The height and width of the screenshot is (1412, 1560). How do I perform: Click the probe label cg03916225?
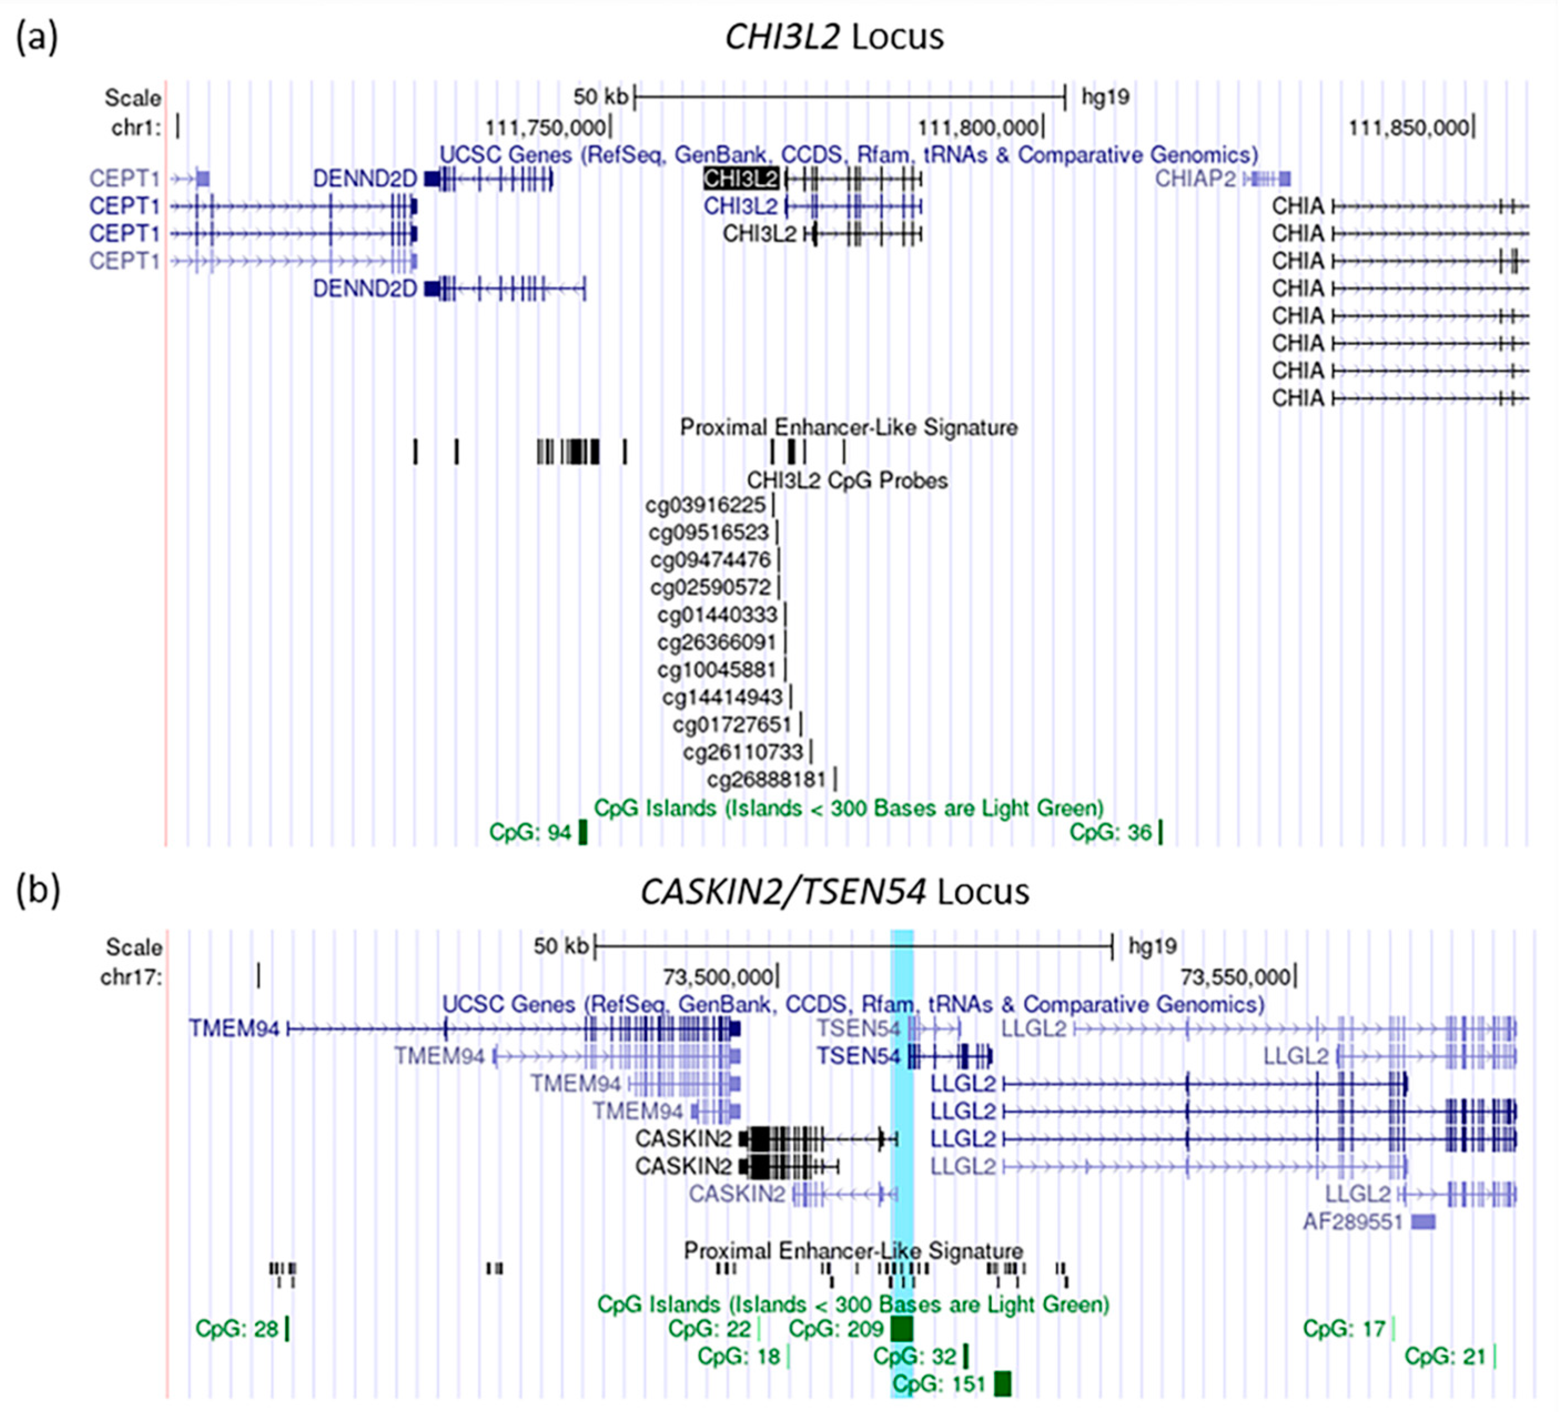pyautogui.click(x=705, y=505)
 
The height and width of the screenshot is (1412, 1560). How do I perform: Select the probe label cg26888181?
pyautogui.click(x=766, y=779)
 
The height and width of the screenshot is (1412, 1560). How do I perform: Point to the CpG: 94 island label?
pyautogui.click(x=530, y=832)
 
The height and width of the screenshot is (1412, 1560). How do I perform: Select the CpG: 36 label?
pyautogui.click(x=1111, y=832)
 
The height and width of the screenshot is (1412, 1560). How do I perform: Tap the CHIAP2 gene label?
pyautogui.click(x=1196, y=179)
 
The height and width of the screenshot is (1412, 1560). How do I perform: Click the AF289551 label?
pyautogui.click(x=1353, y=1222)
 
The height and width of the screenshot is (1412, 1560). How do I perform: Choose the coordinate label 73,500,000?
pyautogui.click(x=717, y=977)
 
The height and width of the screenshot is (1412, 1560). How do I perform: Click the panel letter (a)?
pyautogui.click(x=37, y=37)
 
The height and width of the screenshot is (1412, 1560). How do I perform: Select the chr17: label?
pyautogui.click(x=131, y=977)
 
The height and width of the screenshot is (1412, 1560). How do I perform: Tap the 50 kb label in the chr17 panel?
pyautogui.click(x=560, y=946)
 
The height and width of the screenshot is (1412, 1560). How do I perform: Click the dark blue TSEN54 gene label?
pyautogui.click(x=859, y=1056)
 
